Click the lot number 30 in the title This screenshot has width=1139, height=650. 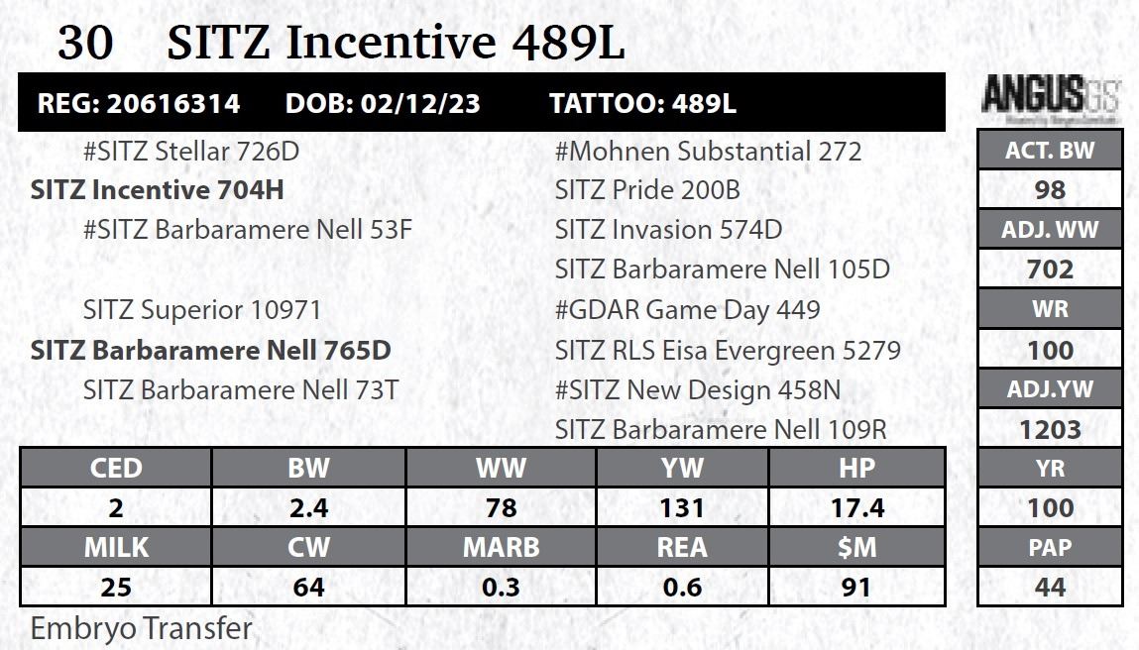85,43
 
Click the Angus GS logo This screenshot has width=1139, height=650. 1049,96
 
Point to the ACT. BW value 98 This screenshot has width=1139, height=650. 1050,189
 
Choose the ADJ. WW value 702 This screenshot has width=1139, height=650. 1050,270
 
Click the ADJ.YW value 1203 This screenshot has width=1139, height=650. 1050,429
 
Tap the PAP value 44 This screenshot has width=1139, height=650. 1050,587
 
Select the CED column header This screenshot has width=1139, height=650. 116,468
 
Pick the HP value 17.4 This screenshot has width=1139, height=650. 856,507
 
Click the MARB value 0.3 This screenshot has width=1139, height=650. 501,587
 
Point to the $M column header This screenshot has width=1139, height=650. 856,547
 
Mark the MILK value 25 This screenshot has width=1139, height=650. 116,587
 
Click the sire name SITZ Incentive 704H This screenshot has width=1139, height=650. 158,190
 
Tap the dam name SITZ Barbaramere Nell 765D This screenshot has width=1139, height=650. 210,350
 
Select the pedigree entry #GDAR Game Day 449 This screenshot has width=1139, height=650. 687,310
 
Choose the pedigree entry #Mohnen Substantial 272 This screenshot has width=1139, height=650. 708,152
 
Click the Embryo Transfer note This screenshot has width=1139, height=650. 142,628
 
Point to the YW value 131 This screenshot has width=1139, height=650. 682,507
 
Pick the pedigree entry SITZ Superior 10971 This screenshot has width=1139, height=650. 202,310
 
